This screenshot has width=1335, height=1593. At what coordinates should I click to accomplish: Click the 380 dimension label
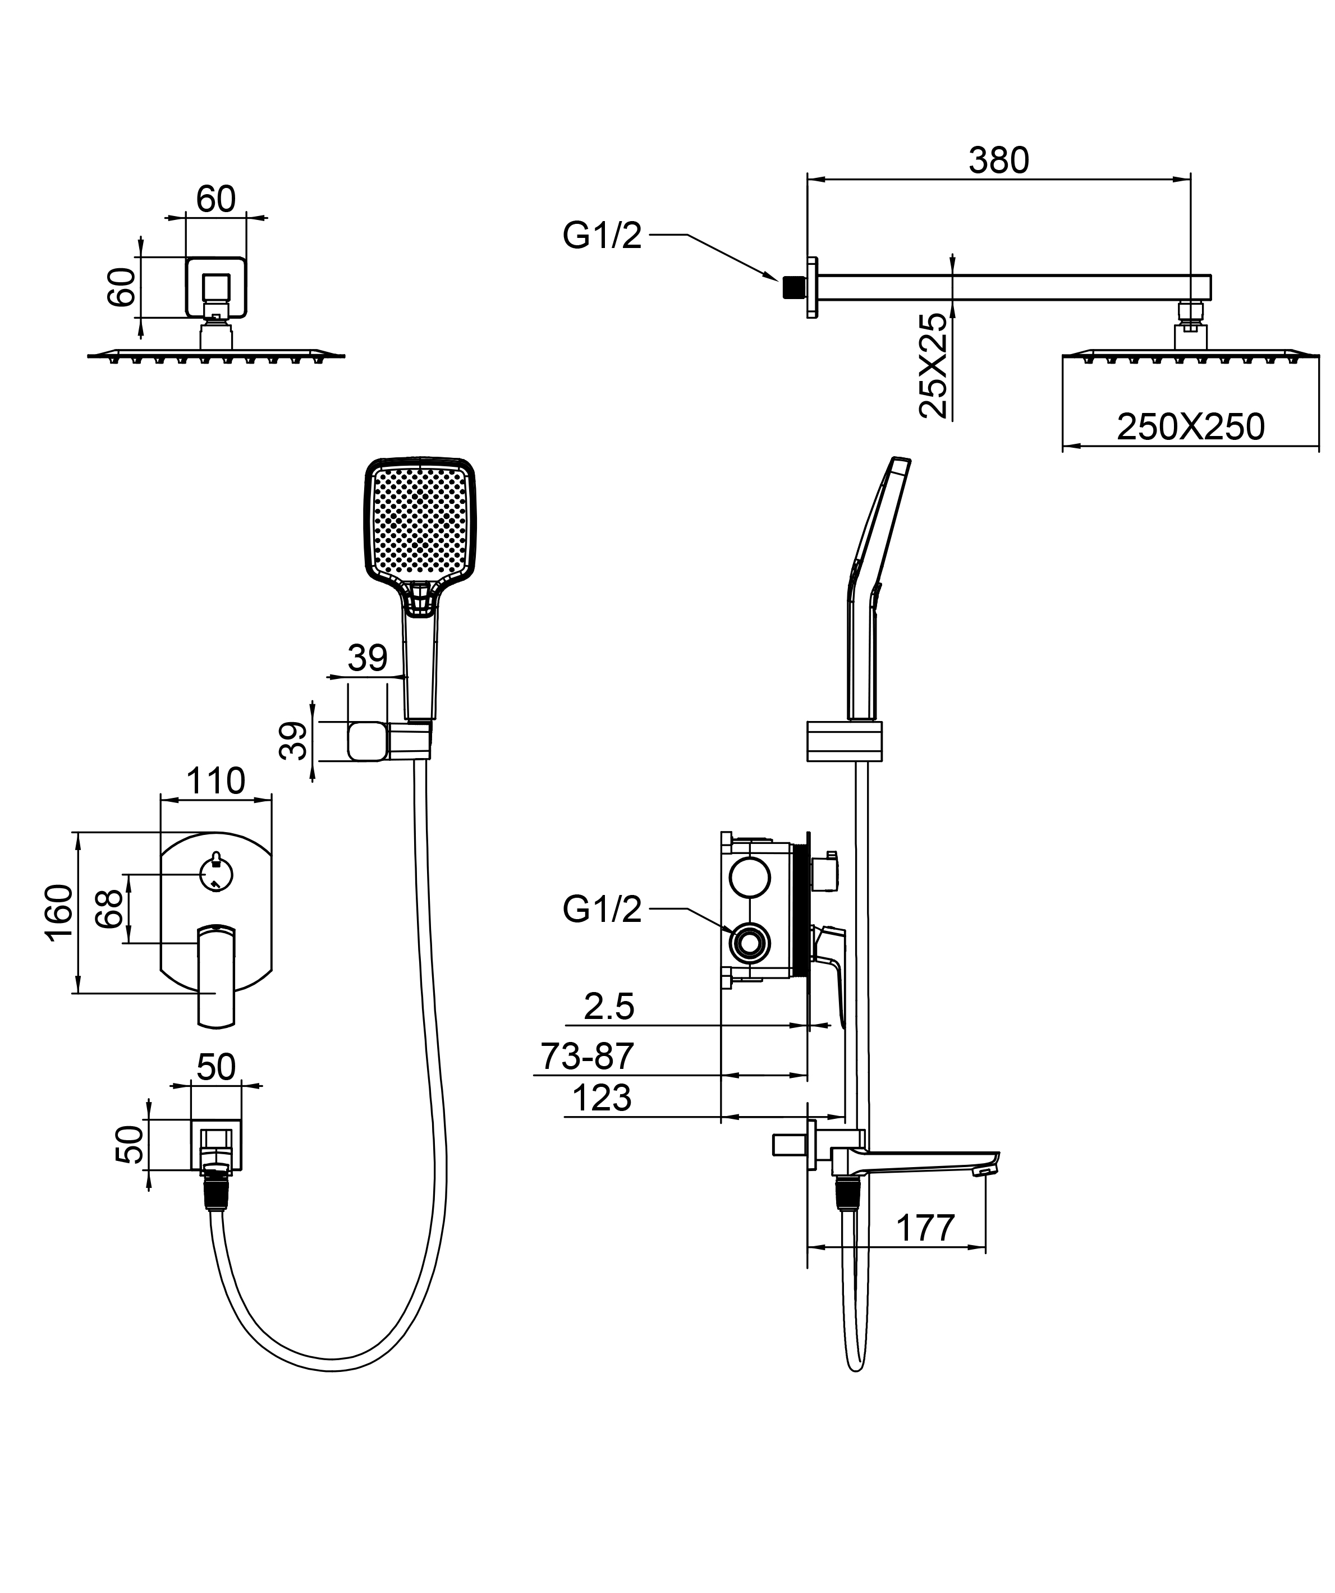click(998, 161)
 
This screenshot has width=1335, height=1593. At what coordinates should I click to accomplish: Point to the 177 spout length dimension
click(925, 1228)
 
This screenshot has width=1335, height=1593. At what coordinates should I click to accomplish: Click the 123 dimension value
click(602, 1098)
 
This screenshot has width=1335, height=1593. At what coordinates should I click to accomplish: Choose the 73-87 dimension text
click(587, 1056)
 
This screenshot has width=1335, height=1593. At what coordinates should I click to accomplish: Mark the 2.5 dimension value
click(608, 1007)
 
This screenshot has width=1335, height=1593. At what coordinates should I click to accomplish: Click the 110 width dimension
click(215, 781)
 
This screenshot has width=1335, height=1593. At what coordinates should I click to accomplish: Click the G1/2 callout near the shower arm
click(602, 236)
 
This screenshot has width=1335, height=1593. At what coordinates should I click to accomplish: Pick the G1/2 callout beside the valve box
click(602, 909)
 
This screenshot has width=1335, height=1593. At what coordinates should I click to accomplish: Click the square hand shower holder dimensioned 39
click(368, 741)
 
